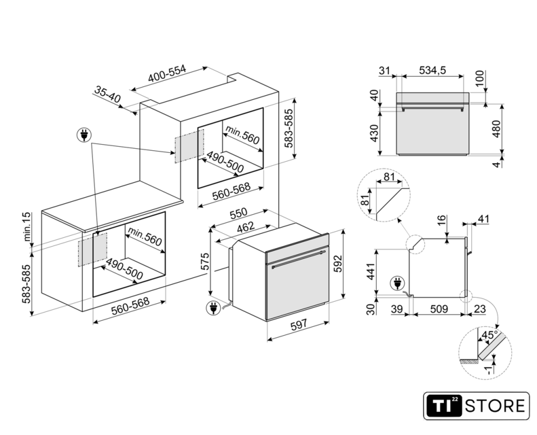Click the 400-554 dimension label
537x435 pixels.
(x=167, y=73)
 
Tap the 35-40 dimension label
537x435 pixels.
(x=107, y=94)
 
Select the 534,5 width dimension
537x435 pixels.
(x=432, y=70)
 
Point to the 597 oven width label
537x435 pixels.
(x=299, y=325)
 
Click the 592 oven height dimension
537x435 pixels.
(x=338, y=264)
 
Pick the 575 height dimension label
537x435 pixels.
(x=204, y=262)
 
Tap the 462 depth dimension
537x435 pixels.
(x=246, y=227)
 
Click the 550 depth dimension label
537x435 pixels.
(x=238, y=213)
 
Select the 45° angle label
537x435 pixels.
(x=489, y=335)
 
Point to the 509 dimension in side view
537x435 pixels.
(x=439, y=309)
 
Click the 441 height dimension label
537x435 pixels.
(x=371, y=271)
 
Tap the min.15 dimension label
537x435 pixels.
(x=27, y=226)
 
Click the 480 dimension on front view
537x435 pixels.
(x=496, y=129)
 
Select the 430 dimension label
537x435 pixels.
(x=374, y=133)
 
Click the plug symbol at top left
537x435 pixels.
(x=84, y=135)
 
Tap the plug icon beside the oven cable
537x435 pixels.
(x=213, y=307)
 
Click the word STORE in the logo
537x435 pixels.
(x=495, y=406)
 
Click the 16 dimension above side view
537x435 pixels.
(x=442, y=219)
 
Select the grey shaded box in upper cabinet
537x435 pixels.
(x=189, y=146)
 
